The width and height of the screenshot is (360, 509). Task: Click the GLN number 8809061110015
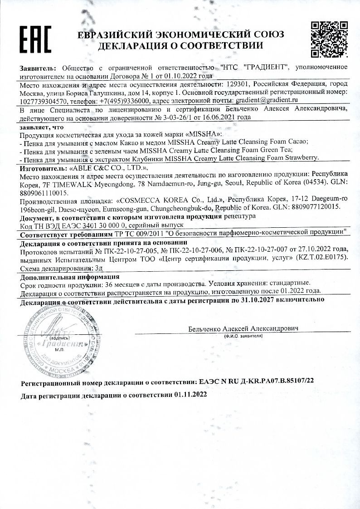(44, 193)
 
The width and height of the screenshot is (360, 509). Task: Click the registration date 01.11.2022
(190, 396)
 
